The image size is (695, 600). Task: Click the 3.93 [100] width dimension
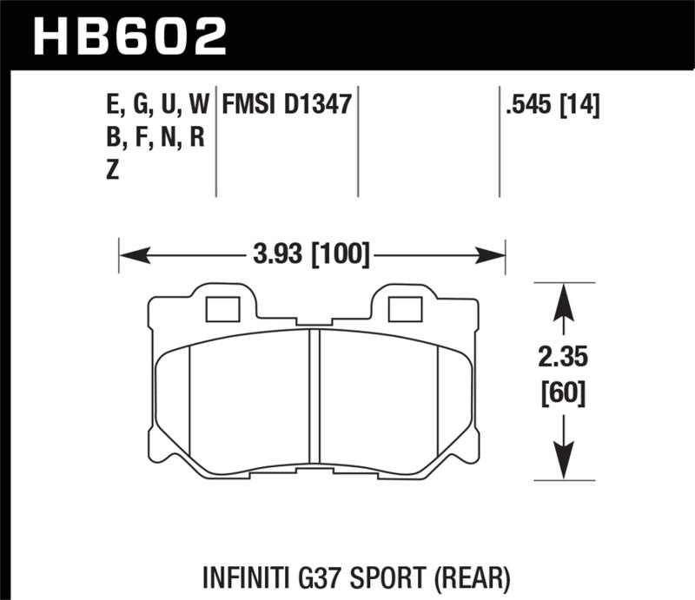[311, 255]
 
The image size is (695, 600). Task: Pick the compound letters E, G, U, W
[156, 107]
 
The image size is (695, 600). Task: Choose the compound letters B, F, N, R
[153, 139]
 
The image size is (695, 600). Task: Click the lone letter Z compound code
[111, 171]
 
